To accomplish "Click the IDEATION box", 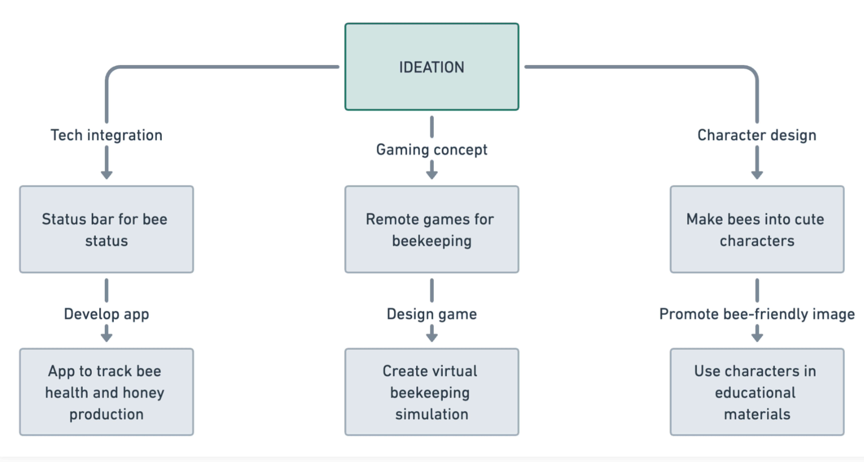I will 432,67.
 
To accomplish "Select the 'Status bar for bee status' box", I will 106,230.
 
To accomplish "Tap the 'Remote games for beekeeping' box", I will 432,230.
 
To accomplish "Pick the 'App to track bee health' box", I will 106,392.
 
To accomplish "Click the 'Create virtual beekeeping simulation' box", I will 432,392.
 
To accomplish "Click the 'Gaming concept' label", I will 432,150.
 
